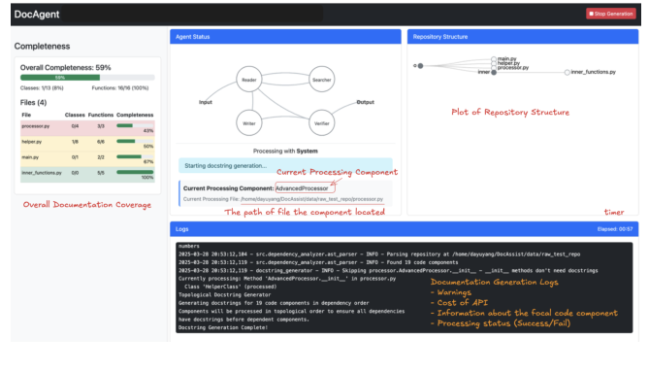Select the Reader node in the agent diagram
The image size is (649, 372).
(x=248, y=80)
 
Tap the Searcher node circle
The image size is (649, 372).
(x=321, y=80)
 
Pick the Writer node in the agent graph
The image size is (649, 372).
(x=248, y=123)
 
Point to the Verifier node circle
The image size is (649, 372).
(x=321, y=123)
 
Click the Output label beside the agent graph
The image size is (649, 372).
(x=365, y=102)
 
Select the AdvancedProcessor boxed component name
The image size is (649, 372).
(x=301, y=186)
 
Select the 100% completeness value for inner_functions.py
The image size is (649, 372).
(x=147, y=178)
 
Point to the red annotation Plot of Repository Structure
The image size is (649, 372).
(x=510, y=112)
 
